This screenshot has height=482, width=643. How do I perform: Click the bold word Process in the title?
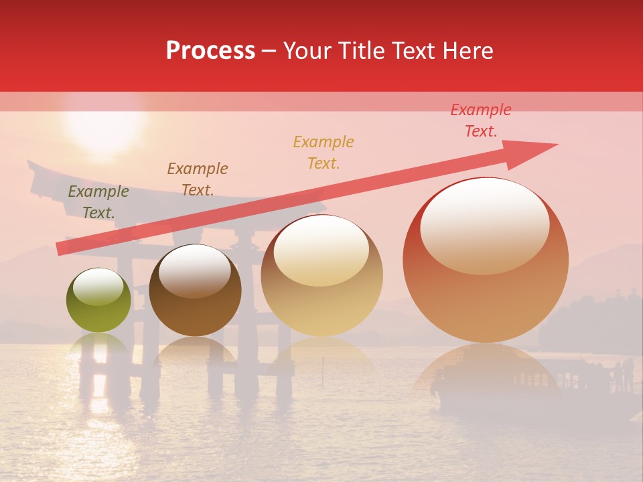coord(210,51)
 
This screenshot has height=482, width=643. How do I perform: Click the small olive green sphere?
coord(98,301)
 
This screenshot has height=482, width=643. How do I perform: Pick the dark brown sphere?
coord(194,291)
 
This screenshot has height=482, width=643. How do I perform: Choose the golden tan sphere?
coord(321,276)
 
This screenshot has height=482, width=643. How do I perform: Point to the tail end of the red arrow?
coord(59,249)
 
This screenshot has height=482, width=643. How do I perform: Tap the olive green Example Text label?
coord(98,202)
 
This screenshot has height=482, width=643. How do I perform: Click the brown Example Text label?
coord(198,179)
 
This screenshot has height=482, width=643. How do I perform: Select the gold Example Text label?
coord(324,152)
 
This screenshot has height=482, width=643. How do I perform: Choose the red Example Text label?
coord(481,120)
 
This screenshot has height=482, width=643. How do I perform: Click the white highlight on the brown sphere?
coord(194,271)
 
